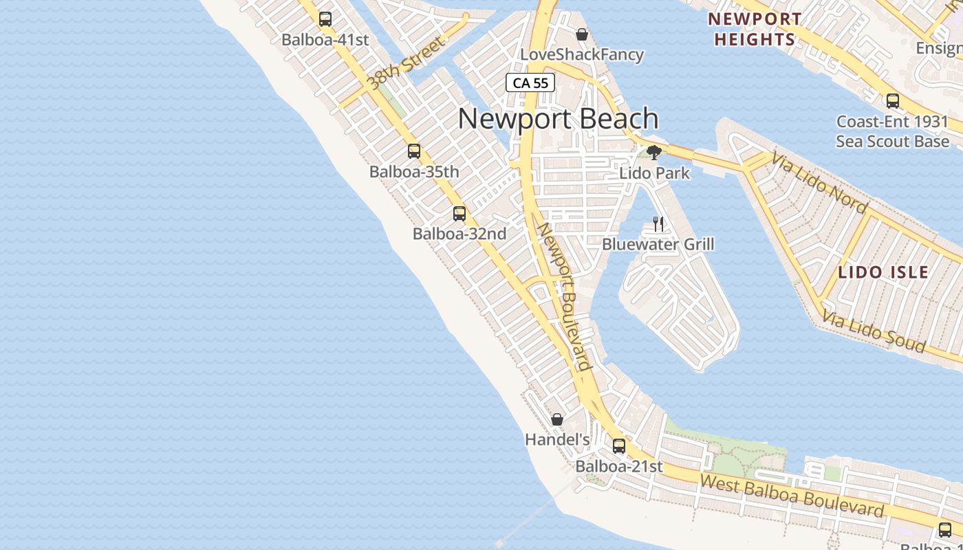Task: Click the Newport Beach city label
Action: click(x=558, y=119)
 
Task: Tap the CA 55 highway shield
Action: click(x=530, y=83)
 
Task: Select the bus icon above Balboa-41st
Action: click(x=325, y=19)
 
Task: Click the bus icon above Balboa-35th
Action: click(x=414, y=151)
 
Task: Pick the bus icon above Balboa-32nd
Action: click(x=459, y=213)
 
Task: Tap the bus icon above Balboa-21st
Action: click(x=619, y=445)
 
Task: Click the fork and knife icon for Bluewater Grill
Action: click(x=658, y=223)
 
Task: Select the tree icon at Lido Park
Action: click(x=654, y=152)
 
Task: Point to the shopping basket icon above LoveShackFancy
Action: click(x=582, y=34)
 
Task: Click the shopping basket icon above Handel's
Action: click(x=557, y=419)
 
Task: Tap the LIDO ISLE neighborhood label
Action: click(x=883, y=272)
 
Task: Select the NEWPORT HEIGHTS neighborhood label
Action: click(x=755, y=29)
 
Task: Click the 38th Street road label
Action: click(x=407, y=64)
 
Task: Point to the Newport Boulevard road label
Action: click(x=565, y=296)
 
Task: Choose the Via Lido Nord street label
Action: click(x=819, y=182)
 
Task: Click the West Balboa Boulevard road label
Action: click(x=792, y=495)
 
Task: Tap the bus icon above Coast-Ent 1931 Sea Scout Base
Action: click(x=893, y=101)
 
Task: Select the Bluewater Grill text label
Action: click(x=658, y=244)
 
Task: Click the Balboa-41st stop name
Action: click(x=325, y=40)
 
